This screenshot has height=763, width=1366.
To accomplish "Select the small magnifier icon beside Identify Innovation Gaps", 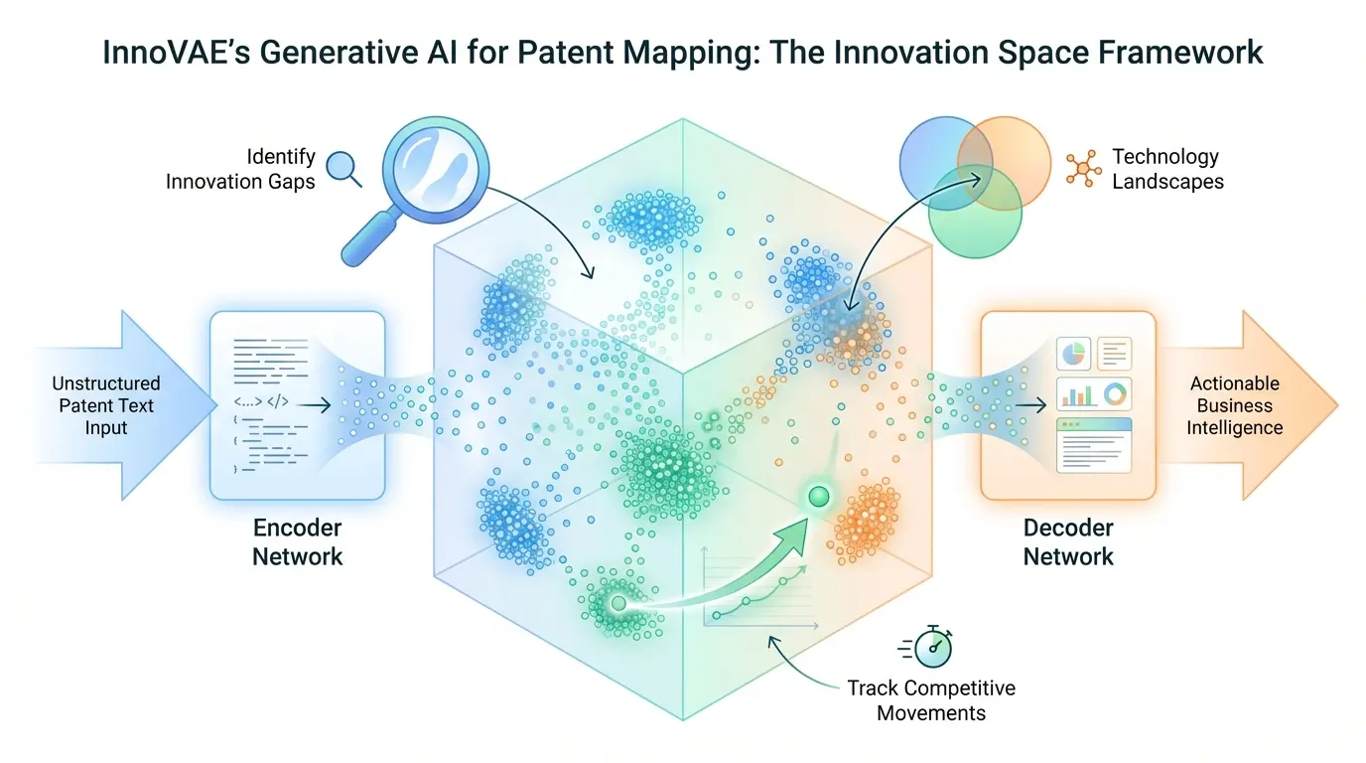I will [343, 167].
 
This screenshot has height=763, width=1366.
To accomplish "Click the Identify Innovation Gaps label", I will [240, 169].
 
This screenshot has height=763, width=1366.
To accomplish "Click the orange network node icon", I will [1082, 168].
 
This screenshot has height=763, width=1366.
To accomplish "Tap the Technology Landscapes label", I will [1166, 169].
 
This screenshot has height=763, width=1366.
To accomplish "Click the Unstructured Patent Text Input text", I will [106, 405].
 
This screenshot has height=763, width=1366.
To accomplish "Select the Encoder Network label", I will [297, 541].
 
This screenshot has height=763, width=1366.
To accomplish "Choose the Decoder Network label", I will [1068, 541].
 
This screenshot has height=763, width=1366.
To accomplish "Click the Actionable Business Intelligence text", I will [1235, 405].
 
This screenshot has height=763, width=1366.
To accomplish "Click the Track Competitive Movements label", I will [931, 700].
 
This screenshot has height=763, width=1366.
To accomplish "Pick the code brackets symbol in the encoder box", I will [255, 404].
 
